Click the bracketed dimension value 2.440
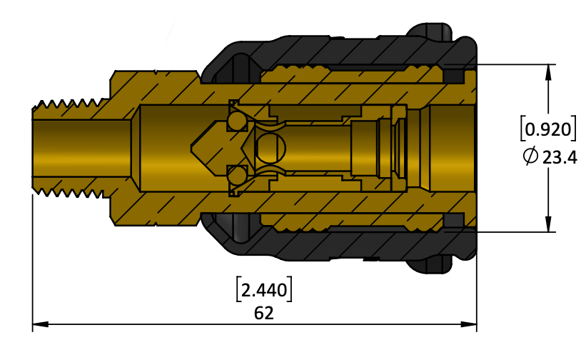pyautogui.click(x=264, y=289)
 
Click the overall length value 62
pyautogui.click(x=264, y=314)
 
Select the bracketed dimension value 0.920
pyautogui.click(x=548, y=129)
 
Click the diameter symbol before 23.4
pyautogui.click(x=530, y=155)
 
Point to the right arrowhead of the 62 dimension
pyautogui.click(x=469, y=324)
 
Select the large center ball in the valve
pyautogui.click(x=271, y=149)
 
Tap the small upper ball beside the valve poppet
pyautogui.click(x=237, y=121)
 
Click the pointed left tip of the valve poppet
pyautogui.click(x=192, y=149)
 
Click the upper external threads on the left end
pyautogui.click(x=69, y=104)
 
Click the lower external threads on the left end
pyautogui.click(x=69, y=193)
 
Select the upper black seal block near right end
pyautogui.click(x=453, y=76)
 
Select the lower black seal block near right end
pyautogui.click(x=453, y=220)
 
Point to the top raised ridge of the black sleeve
pyautogui.click(x=430, y=31)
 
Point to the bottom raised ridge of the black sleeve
pyautogui.click(x=430, y=266)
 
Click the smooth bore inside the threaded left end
pyautogui.click(x=81, y=149)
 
